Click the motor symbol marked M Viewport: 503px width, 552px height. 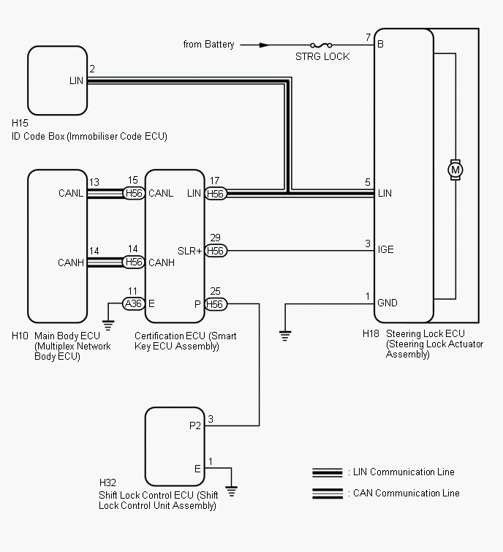pyautogui.click(x=455, y=170)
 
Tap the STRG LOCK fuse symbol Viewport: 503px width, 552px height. pyautogui.click(x=321, y=45)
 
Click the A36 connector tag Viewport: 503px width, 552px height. pyautogui.click(x=133, y=303)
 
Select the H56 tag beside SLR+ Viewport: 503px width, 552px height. pyautogui.click(x=216, y=251)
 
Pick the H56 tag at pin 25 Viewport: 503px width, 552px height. pyautogui.click(x=216, y=304)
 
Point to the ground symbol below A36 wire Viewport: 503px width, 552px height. pyautogui.click(x=108, y=325)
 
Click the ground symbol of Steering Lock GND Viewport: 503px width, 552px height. pyautogui.click(x=285, y=336)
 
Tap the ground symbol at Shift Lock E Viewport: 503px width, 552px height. pyautogui.click(x=231, y=491)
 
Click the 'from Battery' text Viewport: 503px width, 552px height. pyautogui.click(x=209, y=45)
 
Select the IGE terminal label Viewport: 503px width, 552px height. pyautogui.click(x=386, y=249)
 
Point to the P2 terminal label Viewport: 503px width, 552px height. pyautogui.click(x=195, y=426)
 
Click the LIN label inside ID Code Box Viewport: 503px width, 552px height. pyautogui.click(x=76, y=80)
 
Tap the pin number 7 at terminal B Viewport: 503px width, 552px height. pyautogui.click(x=368, y=37)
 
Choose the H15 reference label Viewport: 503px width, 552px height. pyautogui.click(x=20, y=123)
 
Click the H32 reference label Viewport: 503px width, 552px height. pyautogui.click(x=107, y=483)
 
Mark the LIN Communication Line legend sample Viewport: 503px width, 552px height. pyautogui.click(x=328, y=472)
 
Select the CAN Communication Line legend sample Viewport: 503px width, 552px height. pyautogui.click(x=328, y=494)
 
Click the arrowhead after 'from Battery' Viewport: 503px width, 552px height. pyautogui.click(x=265, y=45)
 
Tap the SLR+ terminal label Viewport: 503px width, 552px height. pyautogui.click(x=190, y=251)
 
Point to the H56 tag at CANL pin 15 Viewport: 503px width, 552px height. pyautogui.click(x=134, y=193)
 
